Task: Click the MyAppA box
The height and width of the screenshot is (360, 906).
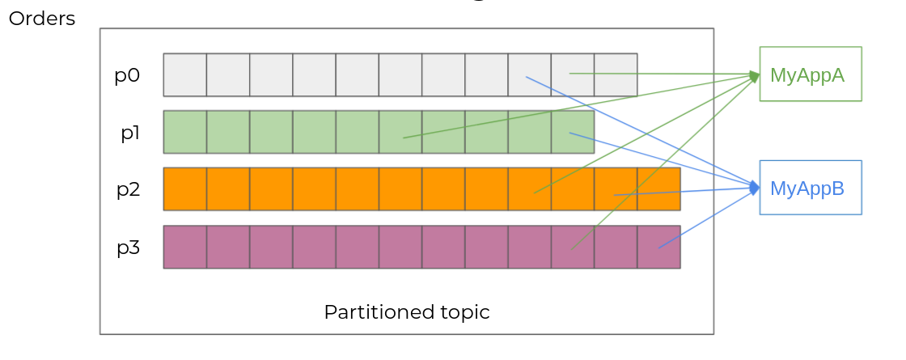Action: click(810, 74)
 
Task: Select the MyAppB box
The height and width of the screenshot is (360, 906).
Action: click(810, 188)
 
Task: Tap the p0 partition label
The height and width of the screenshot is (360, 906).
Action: click(127, 75)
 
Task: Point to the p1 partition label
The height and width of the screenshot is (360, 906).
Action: click(130, 133)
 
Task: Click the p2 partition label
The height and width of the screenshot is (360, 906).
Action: click(128, 189)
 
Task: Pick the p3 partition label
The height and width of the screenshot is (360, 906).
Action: click(128, 247)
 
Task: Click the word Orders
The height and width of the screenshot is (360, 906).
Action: click(42, 19)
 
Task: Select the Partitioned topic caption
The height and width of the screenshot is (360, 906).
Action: click(407, 312)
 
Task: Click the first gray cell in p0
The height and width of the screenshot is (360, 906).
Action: click(185, 74)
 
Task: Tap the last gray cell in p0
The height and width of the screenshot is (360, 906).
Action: click(616, 74)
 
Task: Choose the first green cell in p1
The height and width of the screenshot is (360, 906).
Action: click(185, 132)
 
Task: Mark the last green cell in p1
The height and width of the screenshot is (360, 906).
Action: click(573, 132)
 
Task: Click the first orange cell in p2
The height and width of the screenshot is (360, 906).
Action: click(185, 189)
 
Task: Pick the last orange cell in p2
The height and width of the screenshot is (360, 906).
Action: click(658, 189)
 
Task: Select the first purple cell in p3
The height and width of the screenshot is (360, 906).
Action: click(185, 247)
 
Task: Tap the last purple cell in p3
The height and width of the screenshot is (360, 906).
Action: click(658, 247)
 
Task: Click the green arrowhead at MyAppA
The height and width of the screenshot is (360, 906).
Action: click(755, 76)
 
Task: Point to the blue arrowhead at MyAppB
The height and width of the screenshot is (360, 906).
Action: click(755, 188)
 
